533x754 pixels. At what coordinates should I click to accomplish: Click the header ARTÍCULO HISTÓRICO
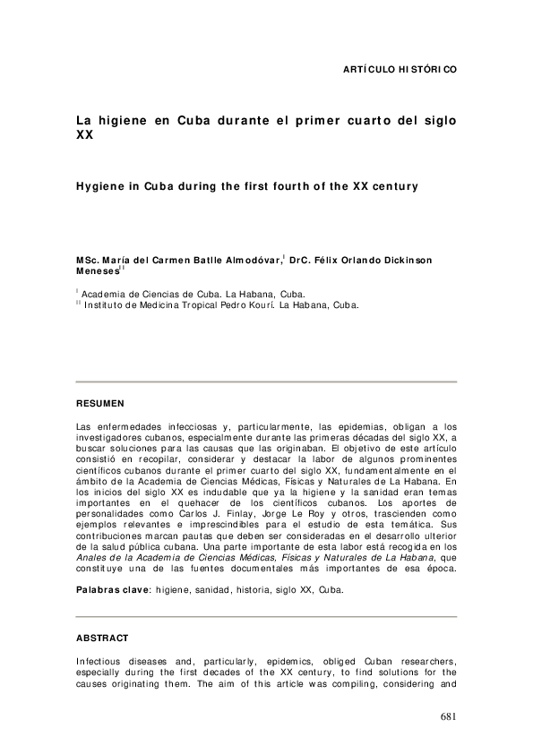tap(400, 69)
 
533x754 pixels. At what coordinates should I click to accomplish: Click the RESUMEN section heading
tap(100, 404)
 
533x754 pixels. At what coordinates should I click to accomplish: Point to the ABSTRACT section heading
tap(102, 638)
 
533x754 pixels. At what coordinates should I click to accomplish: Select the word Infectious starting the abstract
tap(99, 660)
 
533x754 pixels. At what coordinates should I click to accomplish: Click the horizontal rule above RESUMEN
tap(266, 382)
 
